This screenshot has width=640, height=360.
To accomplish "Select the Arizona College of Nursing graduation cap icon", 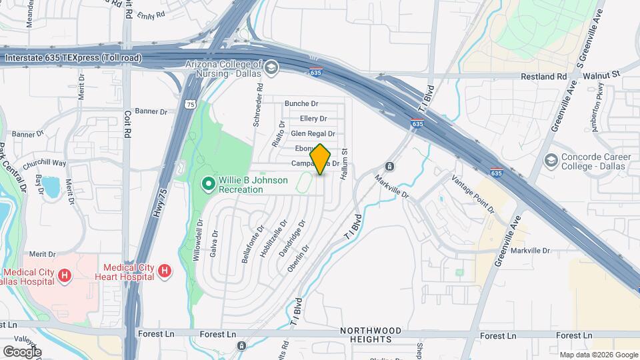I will [x=271, y=67].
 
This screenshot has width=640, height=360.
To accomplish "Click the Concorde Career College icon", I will [x=551, y=160].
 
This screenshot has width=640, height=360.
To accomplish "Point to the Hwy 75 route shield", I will [x=191, y=104].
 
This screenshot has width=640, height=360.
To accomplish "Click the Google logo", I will [x=22, y=351].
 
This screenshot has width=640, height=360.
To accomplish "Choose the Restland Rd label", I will [x=543, y=77].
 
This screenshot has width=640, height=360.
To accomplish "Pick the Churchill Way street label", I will [x=45, y=163].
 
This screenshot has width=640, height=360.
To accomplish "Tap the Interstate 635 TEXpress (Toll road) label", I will [x=73, y=58].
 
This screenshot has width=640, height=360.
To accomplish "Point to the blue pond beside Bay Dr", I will [x=51, y=187].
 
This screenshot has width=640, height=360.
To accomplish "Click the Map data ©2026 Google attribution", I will [x=598, y=355].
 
